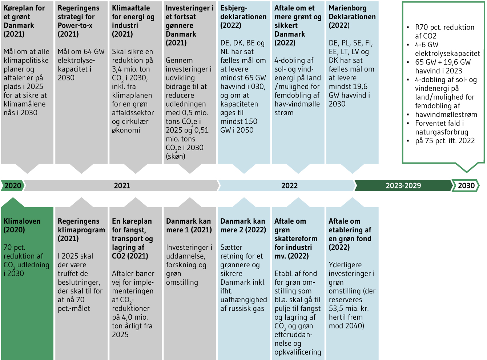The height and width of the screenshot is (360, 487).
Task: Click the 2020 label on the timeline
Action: (x=13, y=185)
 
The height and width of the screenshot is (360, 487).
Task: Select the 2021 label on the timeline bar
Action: (x=122, y=185)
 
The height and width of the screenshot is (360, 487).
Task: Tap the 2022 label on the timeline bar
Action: (x=289, y=185)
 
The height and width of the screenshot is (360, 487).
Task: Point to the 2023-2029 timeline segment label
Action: (x=403, y=185)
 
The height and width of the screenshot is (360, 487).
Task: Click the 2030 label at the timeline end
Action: (x=466, y=185)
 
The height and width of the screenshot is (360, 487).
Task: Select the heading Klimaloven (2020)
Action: (x=22, y=225)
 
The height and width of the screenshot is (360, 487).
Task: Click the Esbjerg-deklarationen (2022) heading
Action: (x=243, y=17)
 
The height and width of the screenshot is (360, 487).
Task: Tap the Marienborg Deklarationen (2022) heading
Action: (x=352, y=17)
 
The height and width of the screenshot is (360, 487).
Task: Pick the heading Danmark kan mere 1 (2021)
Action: (x=189, y=225)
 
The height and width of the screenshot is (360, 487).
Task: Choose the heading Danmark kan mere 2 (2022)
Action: (x=243, y=225)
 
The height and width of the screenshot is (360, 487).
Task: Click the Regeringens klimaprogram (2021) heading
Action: (x=81, y=230)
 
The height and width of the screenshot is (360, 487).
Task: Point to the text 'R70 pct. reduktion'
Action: (x=444, y=27)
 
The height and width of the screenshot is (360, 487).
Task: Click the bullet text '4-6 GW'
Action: (x=427, y=45)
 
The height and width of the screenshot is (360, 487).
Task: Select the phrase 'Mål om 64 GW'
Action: (x=81, y=52)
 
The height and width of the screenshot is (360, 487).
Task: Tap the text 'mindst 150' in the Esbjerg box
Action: (x=238, y=121)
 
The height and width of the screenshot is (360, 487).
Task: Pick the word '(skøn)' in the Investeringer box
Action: (x=176, y=156)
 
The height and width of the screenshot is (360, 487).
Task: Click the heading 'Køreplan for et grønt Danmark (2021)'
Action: (x=24, y=21)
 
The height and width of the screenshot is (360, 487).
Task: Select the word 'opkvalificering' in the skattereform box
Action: (x=298, y=352)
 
